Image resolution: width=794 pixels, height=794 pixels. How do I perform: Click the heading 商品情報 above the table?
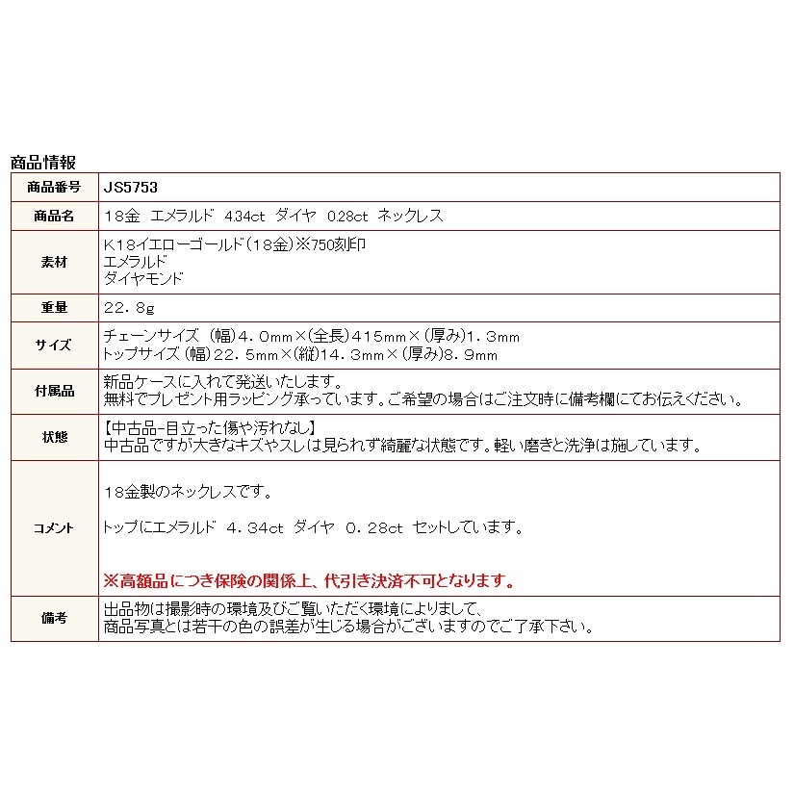[42, 163]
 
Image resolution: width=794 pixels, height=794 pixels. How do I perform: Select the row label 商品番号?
[54, 188]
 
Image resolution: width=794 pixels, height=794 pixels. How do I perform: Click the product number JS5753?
[123, 188]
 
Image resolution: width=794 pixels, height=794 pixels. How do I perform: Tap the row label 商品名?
[54, 216]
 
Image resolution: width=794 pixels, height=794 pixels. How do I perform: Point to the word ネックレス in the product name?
[411, 216]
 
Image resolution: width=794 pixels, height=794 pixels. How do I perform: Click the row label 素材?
[54, 262]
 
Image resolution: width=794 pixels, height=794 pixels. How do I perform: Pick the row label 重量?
[54, 308]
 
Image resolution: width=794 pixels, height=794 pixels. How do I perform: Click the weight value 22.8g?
[128, 308]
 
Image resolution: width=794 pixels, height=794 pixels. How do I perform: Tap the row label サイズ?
[54, 345]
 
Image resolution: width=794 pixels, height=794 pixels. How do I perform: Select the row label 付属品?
[54, 390]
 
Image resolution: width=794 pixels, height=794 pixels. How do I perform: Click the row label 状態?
[54, 437]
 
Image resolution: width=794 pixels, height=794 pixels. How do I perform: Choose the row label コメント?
[54, 527]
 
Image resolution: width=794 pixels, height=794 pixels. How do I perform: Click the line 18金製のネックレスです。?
[188, 492]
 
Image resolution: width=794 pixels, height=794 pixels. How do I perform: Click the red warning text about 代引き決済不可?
[308, 580]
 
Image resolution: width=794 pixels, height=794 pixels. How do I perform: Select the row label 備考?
[54, 618]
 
